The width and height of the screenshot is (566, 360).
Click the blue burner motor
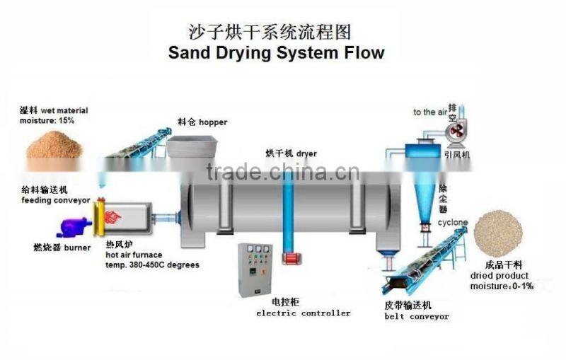click(x=72, y=227)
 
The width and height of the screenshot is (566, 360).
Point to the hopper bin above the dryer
click(x=195, y=149)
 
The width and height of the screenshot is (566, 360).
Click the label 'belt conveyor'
click(x=417, y=317)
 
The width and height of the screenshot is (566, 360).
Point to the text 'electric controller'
click(x=303, y=313)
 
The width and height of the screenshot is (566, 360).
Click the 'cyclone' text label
click(x=452, y=222)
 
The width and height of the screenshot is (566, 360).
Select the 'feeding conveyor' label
click(x=55, y=200)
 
